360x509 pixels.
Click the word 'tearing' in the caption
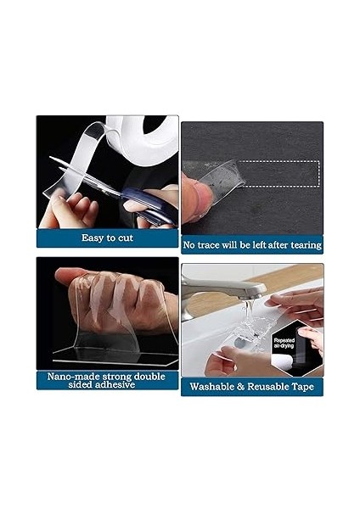tap(304, 245)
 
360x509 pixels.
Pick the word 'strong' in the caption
tap(123, 375)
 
